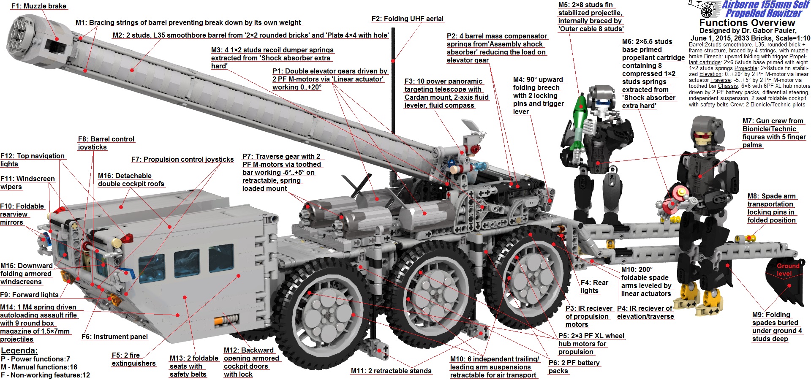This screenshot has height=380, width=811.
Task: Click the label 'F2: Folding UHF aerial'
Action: pos(407,19)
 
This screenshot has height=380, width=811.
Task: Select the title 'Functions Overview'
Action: pos(747,23)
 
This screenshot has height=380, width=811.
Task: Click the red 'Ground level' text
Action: pos(788,269)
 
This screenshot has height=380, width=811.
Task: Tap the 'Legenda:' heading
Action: pos(19,350)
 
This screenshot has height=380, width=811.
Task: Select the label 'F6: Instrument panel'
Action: pos(114,337)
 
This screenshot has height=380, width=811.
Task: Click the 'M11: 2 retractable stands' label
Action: pos(391,371)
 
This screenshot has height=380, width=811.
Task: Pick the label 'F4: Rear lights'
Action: pos(594,287)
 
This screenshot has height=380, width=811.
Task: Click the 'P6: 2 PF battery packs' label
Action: pos(574,366)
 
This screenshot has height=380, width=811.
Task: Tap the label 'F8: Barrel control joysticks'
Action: pos(106,143)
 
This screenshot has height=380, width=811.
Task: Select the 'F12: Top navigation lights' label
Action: pos(33,160)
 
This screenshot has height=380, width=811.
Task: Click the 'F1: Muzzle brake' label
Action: pos(39,6)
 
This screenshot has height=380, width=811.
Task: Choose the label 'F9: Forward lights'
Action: pos(30,295)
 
